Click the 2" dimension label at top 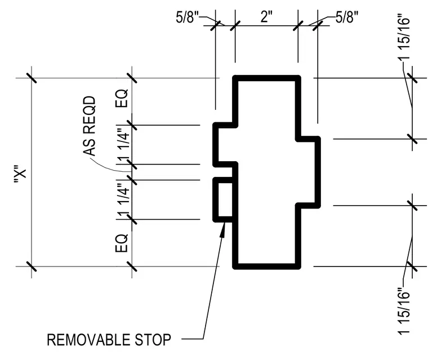point(266,17)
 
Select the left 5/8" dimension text point(187,17)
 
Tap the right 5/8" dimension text point(347,17)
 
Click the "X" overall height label point(20,174)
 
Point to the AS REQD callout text point(90,126)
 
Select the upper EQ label point(122,98)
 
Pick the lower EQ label point(122,243)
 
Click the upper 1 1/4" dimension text point(123,145)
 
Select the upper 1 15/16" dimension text point(404,36)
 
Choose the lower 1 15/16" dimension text point(404,310)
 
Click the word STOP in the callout point(153,340)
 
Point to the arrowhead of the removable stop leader point(223,229)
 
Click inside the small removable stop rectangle point(225,199)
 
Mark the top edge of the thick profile point(266,78)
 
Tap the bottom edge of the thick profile point(266,266)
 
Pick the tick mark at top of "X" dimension point(32,78)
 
